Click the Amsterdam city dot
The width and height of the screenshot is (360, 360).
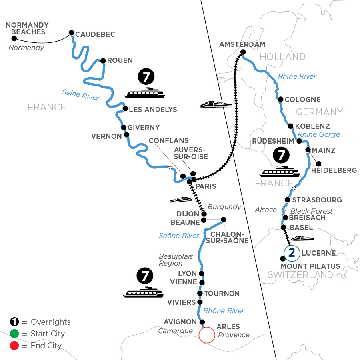pos(243,52)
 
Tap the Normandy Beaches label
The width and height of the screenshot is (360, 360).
pos(25,28)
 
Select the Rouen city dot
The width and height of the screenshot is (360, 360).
pos(103,61)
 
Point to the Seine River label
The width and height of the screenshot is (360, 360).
pos(80,94)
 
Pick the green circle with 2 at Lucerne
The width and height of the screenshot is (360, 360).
pos(292,252)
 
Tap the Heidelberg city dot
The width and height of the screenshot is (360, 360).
pos(318,163)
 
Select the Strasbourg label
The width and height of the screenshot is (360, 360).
pos(317,200)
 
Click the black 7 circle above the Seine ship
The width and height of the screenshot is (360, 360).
pos(145,76)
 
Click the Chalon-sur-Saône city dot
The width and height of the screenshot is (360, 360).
pos(223,219)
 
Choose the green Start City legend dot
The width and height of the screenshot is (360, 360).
pos(14,334)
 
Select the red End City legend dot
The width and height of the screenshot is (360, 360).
pos(14,346)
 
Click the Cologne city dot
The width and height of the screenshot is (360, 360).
pos(281,99)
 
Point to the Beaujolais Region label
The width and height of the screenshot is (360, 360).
pos(170,259)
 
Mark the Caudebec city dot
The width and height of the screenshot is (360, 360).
pos(72,33)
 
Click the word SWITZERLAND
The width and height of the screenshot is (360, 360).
pos(300,275)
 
